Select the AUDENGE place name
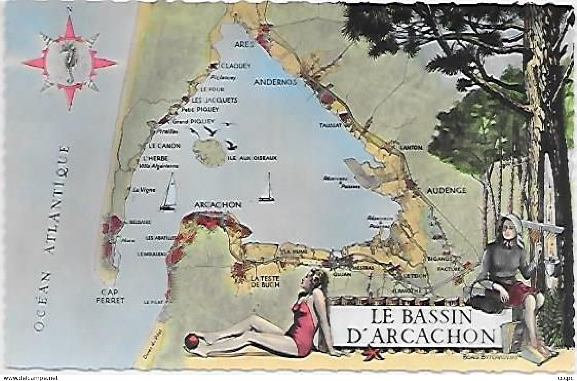[447, 190]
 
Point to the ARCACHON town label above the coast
[218, 205]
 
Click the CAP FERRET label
[112, 296]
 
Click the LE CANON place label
[164, 146]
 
